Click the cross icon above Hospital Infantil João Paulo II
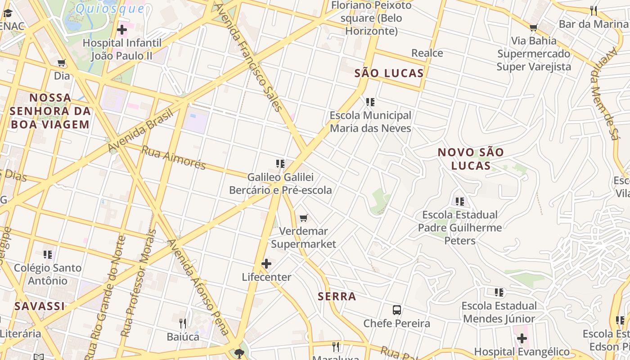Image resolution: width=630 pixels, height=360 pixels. (x=121, y=30)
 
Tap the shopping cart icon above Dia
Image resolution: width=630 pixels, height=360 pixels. (x=62, y=63)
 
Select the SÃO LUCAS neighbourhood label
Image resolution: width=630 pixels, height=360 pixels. (x=389, y=73)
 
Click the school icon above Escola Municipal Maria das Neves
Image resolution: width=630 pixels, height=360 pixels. (x=370, y=102)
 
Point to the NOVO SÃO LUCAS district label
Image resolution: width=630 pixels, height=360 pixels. (x=471, y=159)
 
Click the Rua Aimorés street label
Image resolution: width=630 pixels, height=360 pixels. (x=173, y=157)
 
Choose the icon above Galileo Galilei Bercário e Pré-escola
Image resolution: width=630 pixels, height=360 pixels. (x=280, y=164)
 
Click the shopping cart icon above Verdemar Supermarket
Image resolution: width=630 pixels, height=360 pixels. (x=304, y=218)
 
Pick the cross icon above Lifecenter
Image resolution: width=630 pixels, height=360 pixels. (x=266, y=264)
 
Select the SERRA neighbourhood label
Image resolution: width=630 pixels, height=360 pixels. (x=337, y=297)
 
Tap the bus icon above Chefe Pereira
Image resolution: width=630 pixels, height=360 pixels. (x=397, y=310)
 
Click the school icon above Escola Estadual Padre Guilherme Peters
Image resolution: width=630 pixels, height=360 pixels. (x=459, y=202)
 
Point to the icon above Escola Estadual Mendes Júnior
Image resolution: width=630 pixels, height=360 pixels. (x=499, y=293)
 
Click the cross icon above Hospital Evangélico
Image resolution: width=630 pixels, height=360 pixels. (x=522, y=338)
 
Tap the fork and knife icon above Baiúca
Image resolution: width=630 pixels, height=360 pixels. (x=183, y=323)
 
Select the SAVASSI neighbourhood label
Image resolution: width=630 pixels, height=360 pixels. (x=40, y=306)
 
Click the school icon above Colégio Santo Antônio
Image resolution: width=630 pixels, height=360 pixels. (x=48, y=255)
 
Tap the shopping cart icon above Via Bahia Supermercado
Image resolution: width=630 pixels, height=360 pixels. (x=534, y=28)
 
